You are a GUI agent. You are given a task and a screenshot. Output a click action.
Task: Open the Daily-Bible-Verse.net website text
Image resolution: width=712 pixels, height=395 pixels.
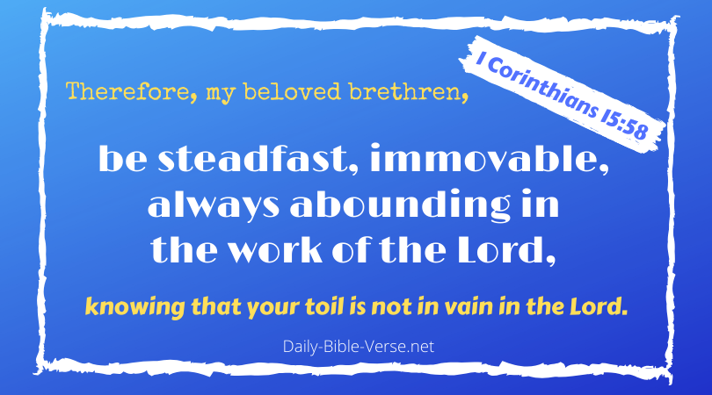pos(356,347)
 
